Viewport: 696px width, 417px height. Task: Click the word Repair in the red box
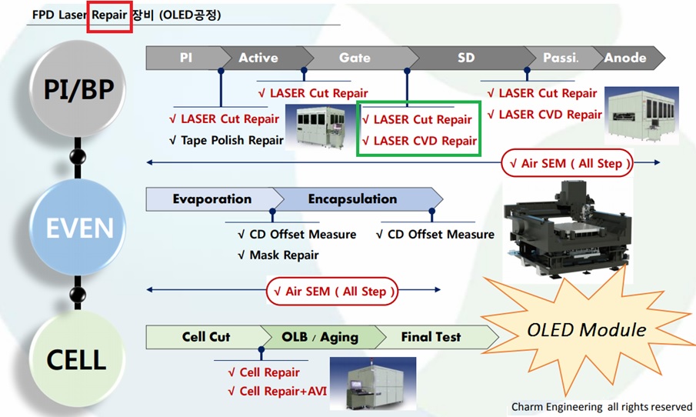[x=109, y=15]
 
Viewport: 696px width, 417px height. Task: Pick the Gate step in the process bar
[x=355, y=58]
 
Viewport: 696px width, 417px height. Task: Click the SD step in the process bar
[x=466, y=58]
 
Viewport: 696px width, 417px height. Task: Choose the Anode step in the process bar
[x=624, y=58]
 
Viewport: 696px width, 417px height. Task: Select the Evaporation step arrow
[x=211, y=199]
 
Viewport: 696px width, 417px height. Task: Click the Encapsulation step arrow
[x=352, y=199]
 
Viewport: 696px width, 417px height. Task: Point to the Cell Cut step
[x=205, y=337]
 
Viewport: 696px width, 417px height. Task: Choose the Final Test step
[x=431, y=337]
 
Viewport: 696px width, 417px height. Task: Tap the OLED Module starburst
[x=586, y=330]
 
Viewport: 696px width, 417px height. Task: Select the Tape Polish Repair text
[x=226, y=140]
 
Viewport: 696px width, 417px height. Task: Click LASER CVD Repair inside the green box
[x=419, y=141]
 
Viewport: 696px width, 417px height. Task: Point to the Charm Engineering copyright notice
[x=601, y=406]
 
